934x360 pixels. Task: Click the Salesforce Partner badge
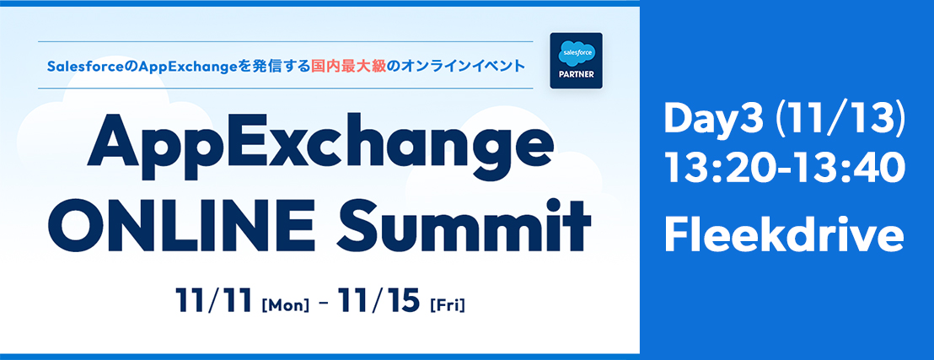pos(576,61)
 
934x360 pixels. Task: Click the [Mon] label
pos(285,304)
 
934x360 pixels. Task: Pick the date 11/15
pos(378,301)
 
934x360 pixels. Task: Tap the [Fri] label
pos(447,304)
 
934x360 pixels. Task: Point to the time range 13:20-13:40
pos(785,168)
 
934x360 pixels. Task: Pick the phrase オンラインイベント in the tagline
pos(462,66)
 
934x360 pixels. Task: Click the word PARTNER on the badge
pos(576,76)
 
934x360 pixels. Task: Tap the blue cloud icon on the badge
pos(576,53)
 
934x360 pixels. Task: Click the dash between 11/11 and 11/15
pos(324,304)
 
